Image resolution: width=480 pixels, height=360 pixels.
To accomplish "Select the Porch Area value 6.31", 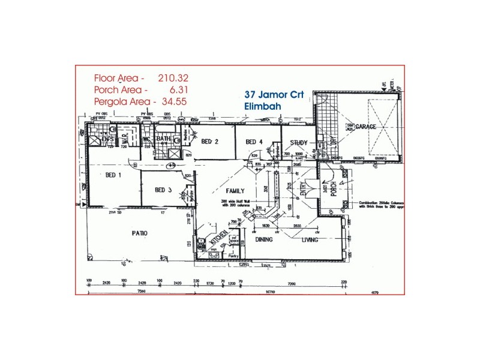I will (175, 90).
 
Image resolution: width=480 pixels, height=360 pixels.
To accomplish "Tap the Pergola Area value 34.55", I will (172, 102).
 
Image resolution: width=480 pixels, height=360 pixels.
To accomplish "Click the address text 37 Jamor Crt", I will (275, 95).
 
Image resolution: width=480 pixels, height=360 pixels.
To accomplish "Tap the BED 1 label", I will (114, 176).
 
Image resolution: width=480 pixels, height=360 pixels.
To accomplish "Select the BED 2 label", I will (209, 142).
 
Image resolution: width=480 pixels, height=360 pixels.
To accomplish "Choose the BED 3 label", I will (163, 190).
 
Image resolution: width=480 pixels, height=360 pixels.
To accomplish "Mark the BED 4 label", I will (254, 142).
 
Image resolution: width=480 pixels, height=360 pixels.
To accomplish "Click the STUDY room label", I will (299, 142).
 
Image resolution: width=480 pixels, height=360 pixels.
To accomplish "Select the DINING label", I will (265, 239).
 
